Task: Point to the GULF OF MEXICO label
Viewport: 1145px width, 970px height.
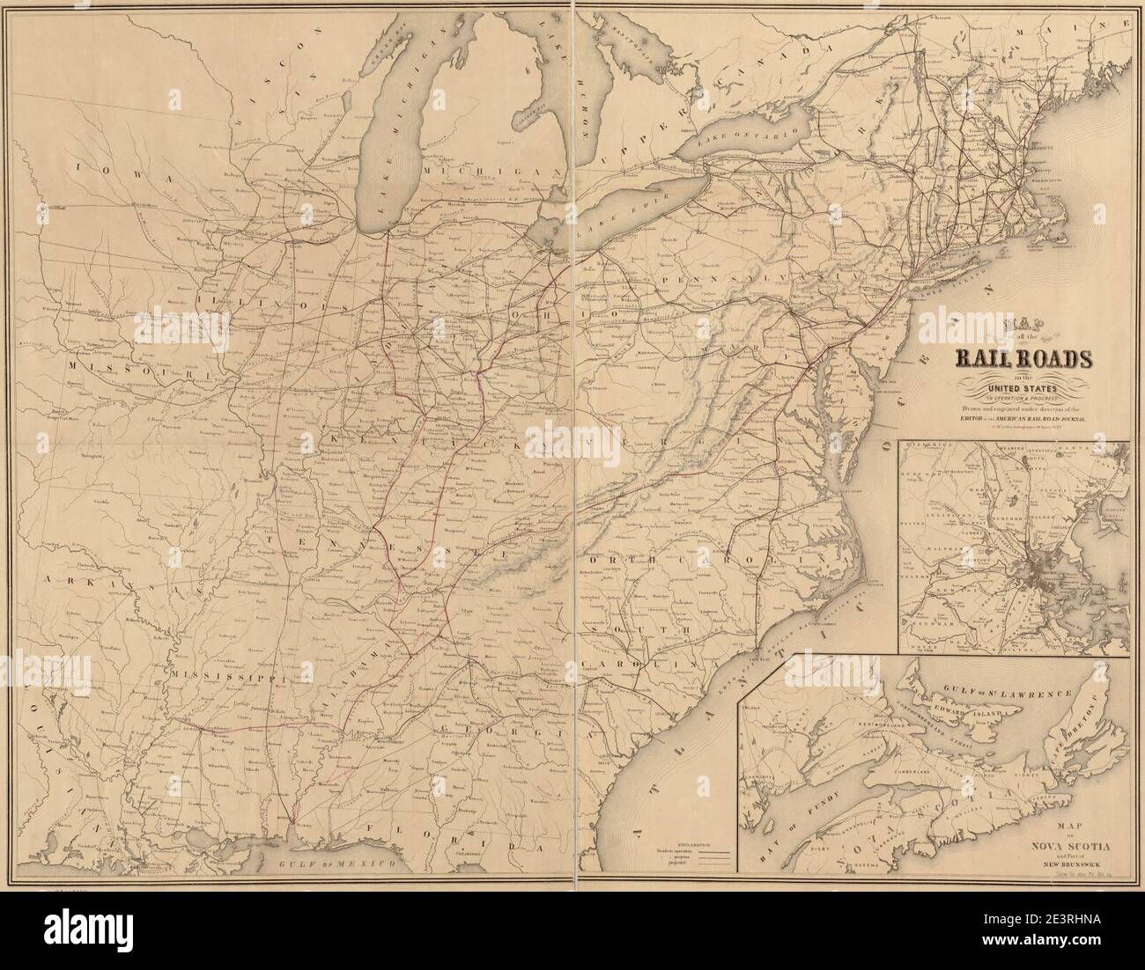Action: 329,865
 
